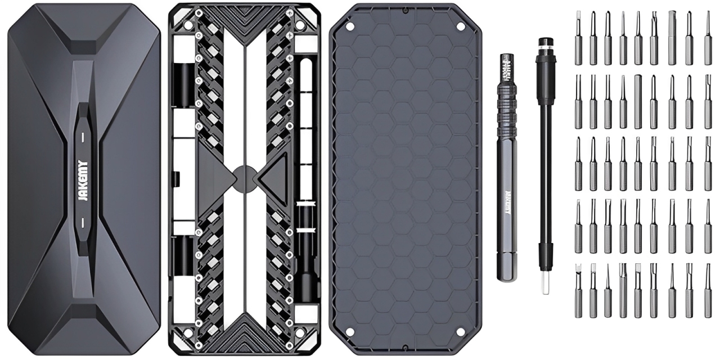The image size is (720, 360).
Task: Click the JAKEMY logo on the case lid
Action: (84, 179)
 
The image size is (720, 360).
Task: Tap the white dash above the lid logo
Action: (84, 137)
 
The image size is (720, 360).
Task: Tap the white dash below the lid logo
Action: (84, 222)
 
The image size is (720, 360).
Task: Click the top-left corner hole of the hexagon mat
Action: (349, 26)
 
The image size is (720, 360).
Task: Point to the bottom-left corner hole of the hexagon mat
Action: (349, 332)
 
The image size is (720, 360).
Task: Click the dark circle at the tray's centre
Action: (244, 178)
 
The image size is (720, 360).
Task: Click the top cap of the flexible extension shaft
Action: (543, 44)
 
